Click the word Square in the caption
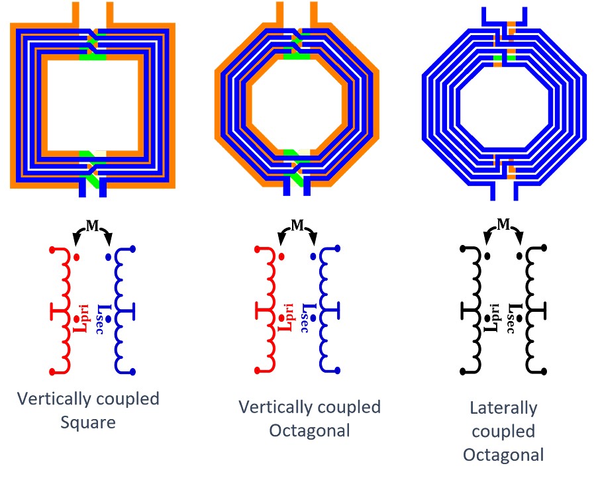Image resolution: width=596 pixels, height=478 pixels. point(88,422)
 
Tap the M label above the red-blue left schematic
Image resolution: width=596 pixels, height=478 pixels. point(92,226)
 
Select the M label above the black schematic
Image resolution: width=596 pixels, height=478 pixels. point(504,224)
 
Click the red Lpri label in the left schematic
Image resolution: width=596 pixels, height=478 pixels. point(81,318)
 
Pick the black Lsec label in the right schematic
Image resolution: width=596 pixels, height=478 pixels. point(513,319)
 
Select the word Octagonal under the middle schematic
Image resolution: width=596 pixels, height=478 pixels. point(310,431)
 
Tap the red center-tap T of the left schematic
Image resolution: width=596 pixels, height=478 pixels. point(58,312)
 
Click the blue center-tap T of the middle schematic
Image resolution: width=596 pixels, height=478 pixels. point(331,312)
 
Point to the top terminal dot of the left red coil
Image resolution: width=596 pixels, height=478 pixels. point(52,250)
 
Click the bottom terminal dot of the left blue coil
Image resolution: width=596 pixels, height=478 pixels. point(132,371)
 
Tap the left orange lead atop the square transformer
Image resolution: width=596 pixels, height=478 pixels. point(75,13)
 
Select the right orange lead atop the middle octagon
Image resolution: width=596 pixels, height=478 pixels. point(314,13)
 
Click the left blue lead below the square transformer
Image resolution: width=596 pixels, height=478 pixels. point(83,189)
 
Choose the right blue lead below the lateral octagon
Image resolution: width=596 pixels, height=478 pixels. point(516,191)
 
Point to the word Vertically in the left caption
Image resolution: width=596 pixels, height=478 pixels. point(54,399)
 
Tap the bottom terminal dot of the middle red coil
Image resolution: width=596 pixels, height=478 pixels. point(258,371)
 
